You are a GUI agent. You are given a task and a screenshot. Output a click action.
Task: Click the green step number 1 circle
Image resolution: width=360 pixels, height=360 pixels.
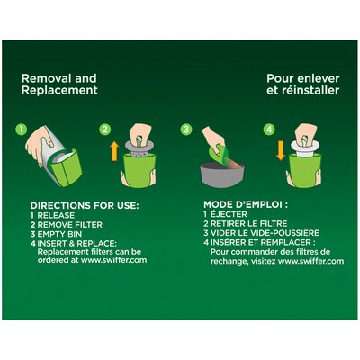[x=22, y=130]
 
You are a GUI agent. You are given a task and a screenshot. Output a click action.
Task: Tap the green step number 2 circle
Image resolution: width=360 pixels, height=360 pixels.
[x=105, y=130]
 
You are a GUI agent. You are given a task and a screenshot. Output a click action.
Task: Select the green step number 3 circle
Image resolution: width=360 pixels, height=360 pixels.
[x=186, y=130]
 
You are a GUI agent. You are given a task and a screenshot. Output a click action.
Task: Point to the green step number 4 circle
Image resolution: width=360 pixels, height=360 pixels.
[x=269, y=130]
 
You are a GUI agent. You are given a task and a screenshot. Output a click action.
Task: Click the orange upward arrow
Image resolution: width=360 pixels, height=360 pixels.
[x=114, y=151]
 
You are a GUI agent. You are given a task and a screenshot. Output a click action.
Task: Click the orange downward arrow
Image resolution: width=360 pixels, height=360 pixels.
[x=281, y=151]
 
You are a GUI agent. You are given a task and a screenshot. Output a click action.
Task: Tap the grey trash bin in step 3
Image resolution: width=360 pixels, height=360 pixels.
[x=222, y=174]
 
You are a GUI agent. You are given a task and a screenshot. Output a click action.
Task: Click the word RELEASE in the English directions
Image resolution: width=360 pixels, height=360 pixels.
[x=56, y=215]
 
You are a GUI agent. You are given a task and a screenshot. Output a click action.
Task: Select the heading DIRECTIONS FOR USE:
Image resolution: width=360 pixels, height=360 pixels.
[x=85, y=206]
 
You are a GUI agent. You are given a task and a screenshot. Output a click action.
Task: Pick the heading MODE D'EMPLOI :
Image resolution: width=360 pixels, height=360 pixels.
[x=246, y=205]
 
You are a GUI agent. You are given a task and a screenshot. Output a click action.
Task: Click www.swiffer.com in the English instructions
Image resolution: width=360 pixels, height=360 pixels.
[x=114, y=260]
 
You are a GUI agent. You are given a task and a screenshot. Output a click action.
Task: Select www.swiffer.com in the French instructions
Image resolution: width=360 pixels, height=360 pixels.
[x=311, y=261]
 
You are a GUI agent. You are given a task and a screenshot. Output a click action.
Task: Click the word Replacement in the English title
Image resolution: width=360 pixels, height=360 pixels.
[x=59, y=90]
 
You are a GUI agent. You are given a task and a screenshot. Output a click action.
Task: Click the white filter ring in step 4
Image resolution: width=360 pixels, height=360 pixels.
[x=303, y=147]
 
